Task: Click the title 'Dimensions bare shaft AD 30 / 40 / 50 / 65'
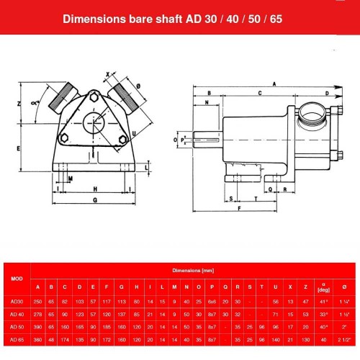(x=180, y=19)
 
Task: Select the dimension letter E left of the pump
(x=17, y=148)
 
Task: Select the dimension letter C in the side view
(x=258, y=94)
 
